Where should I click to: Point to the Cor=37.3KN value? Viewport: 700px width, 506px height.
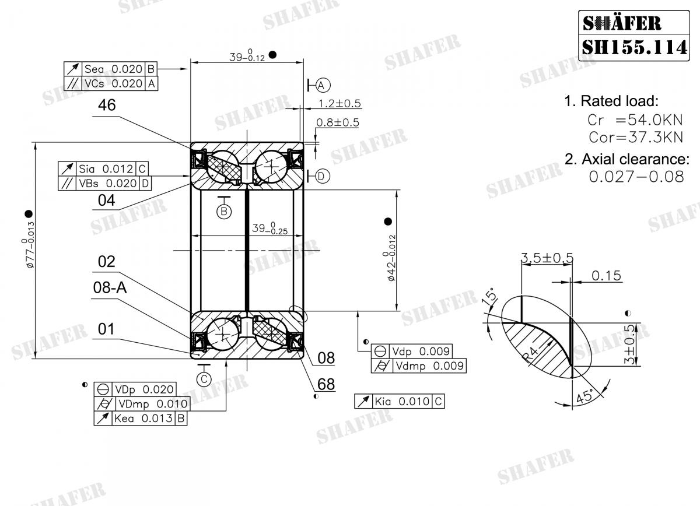[635, 138]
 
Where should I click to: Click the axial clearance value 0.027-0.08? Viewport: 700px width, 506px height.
[636, 177]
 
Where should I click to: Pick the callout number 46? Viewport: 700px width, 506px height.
[107, 105]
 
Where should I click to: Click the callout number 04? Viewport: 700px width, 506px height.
[106, 201]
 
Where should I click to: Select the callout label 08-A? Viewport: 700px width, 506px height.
[110, 287]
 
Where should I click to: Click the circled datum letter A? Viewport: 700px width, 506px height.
[323, 85]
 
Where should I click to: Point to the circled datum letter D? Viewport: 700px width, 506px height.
[323, 176]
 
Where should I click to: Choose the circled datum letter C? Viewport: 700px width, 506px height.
[204, 379]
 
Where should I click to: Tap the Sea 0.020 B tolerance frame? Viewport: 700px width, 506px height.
[111, 68]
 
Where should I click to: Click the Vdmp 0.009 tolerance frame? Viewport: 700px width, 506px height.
[419, 366]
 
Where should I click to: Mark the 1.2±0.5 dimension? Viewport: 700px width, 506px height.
[339, 104]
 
